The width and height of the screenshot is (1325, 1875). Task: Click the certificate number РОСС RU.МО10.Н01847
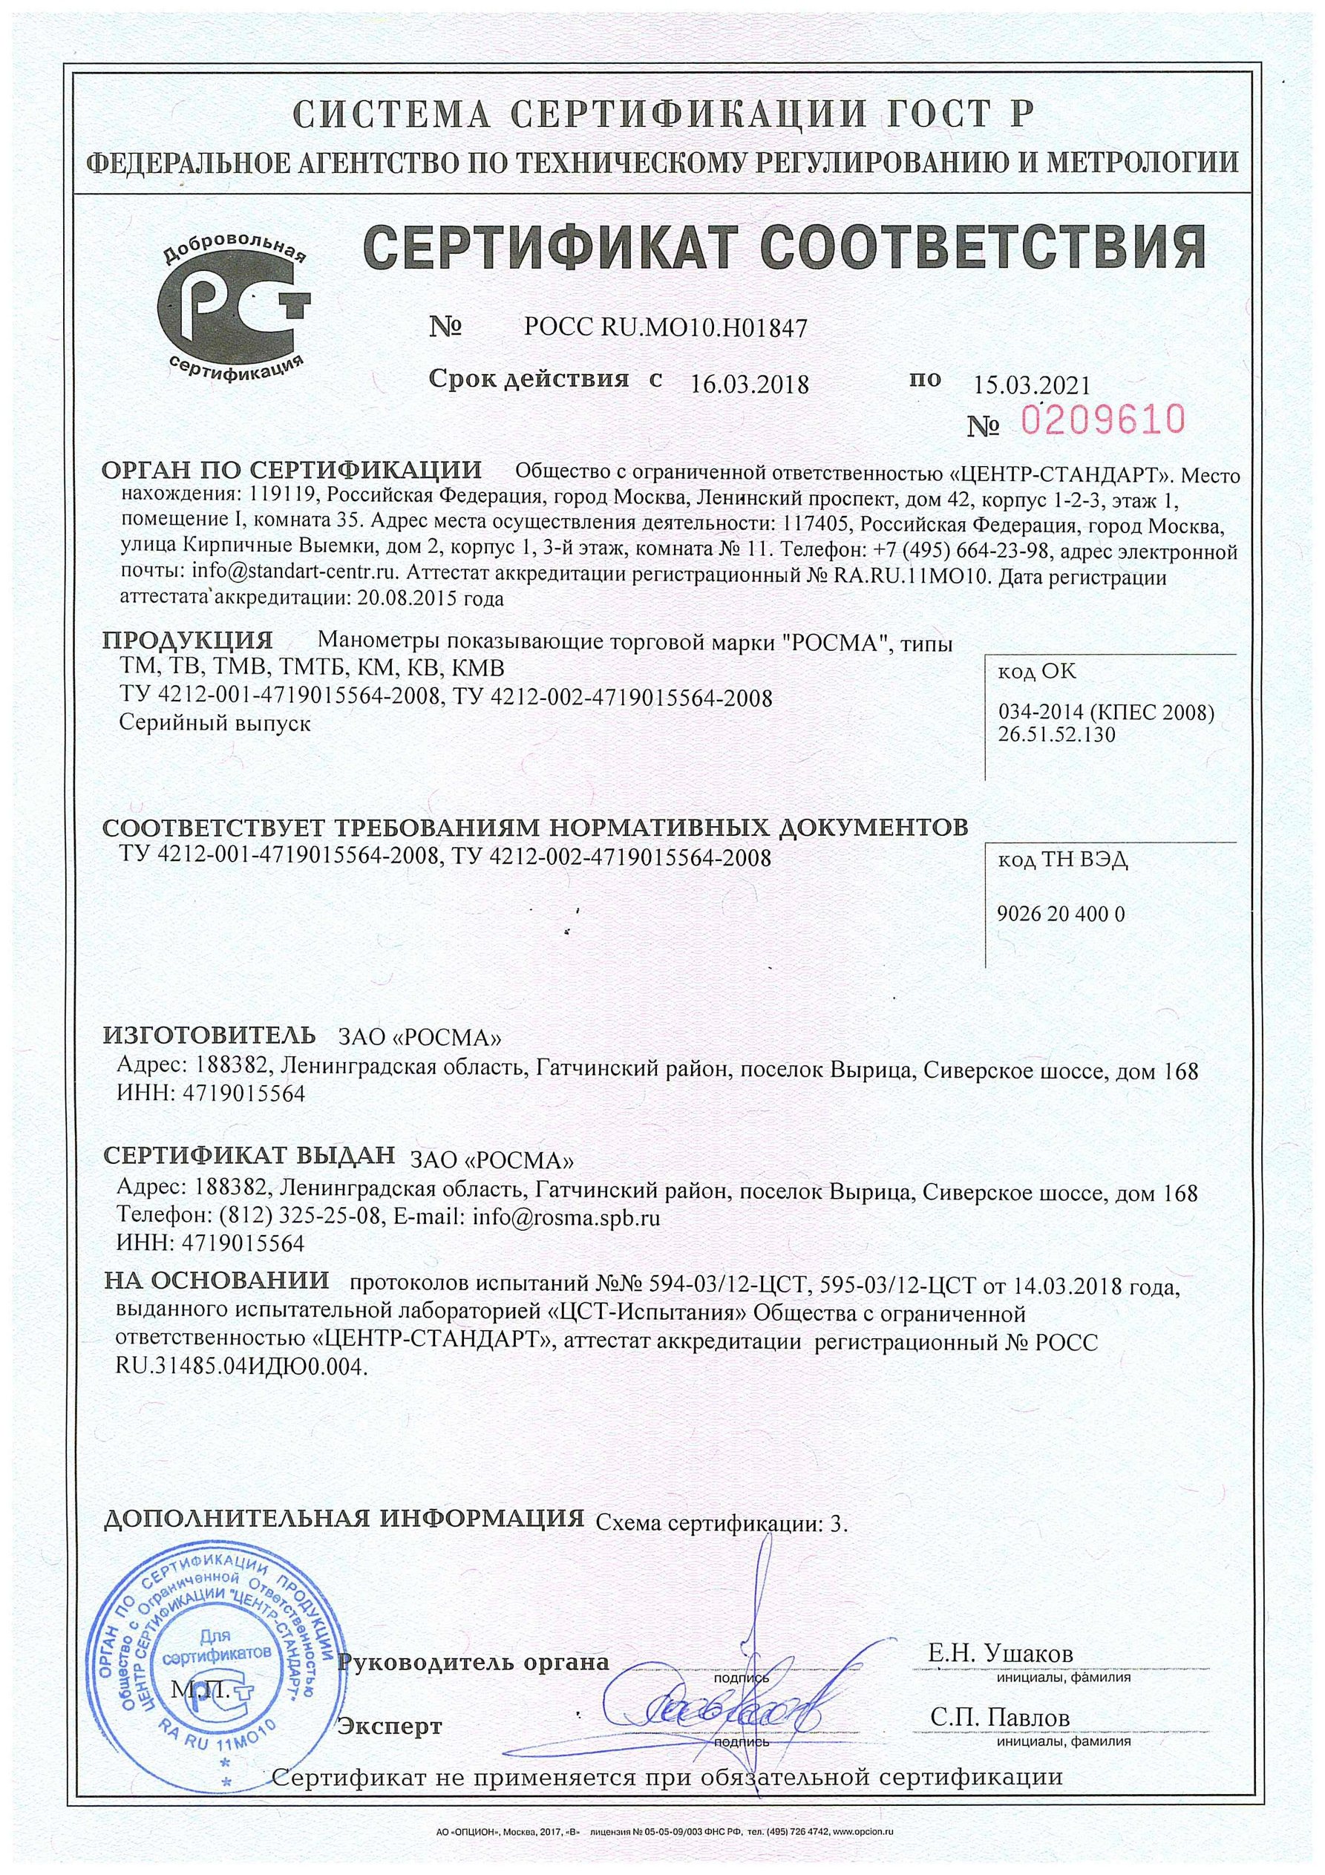click(x=664, y=328)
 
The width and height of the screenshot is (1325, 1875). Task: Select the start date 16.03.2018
click(x=749, y=383)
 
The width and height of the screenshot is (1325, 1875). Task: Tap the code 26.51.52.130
click(x=1056, y=734)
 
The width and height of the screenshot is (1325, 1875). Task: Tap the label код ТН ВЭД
click(x=1062, y=861)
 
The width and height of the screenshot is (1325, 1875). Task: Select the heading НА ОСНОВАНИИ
click(x=217, y=1280)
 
